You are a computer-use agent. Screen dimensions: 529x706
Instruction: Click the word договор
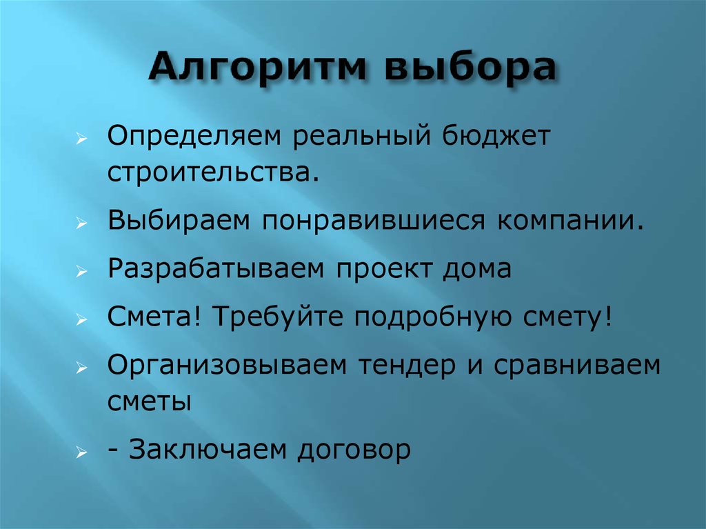click(355, 450)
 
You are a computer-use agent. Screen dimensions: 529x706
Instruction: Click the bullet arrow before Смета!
click(81, 319)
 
